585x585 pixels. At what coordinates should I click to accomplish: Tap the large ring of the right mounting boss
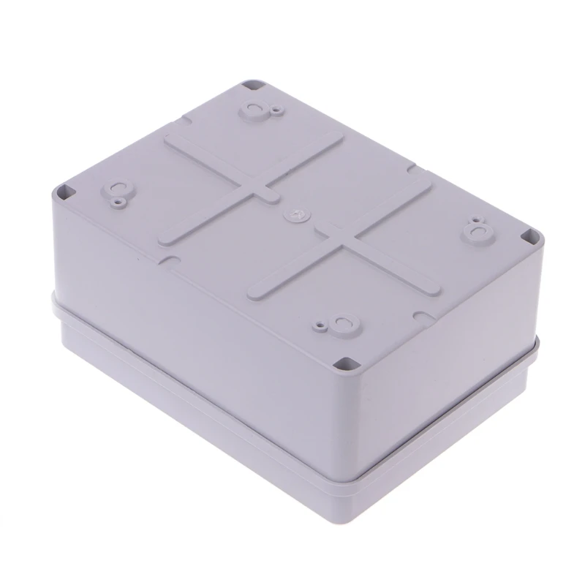point(481,233)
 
